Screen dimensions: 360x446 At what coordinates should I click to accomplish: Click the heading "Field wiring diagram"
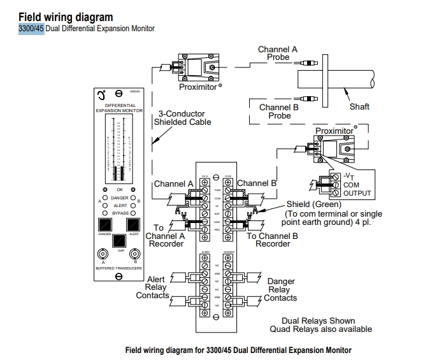(66, 17)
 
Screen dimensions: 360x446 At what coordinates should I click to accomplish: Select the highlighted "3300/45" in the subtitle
(31, 29)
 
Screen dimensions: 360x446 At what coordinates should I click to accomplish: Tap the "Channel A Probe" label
(277, 53)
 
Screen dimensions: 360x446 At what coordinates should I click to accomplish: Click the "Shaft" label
(359, 106)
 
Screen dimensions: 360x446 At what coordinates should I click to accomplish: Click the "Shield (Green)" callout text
(313, 204)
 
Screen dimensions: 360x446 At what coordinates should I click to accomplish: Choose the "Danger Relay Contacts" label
(280, 289)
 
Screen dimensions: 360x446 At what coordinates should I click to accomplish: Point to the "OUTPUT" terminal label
(356, 193)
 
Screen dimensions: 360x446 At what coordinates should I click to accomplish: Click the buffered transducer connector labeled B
(134, 255)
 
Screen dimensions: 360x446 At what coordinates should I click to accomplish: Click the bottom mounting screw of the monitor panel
(119, 277)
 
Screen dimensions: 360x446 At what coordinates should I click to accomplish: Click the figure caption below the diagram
(238, 350)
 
